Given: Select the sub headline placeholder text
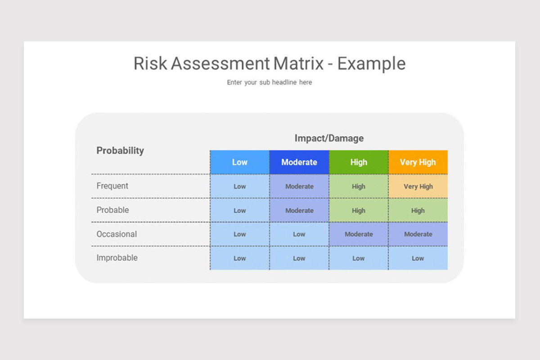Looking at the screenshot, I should [269, 82].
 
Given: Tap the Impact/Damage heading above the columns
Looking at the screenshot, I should [329, 138].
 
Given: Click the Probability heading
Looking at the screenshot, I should [120, 150].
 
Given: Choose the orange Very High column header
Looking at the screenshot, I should [418, 162].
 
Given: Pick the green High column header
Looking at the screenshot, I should [358, 162].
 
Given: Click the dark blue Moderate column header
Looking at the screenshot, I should [299, 162].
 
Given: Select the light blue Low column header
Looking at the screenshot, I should [239, 162].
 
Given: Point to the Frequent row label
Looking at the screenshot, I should [112, 186].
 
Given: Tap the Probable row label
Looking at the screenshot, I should [112, 210].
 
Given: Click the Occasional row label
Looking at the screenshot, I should [117, 234].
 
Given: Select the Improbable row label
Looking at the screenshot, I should [117, 258].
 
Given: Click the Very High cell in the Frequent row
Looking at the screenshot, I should [418, 186].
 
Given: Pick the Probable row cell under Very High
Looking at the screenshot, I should [418, 210].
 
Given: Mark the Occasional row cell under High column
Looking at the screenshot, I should [358, 234].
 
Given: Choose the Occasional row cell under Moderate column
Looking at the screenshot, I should [299, 234].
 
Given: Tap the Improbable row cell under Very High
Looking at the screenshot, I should [418, 258].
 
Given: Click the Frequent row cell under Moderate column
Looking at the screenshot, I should [299, 186].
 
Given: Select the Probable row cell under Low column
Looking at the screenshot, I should [239, 210].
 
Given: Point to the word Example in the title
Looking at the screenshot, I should [371, 63].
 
